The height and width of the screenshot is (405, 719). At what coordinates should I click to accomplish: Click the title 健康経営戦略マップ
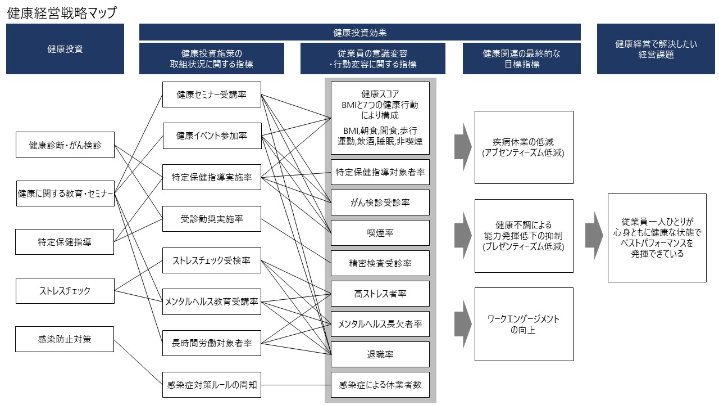pyautogui.click(x=62, y=13)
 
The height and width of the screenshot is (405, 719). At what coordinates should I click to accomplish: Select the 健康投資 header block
pyautogui.click(x=65, y=49)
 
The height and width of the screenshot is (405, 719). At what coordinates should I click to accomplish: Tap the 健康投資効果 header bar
pyautogui.click(x=359, y=33)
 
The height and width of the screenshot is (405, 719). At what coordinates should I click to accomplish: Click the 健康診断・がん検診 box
pyautogui.click(x=65, y=145)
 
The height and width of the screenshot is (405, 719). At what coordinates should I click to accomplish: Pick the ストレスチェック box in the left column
pyautogui.click(x=65, y=291)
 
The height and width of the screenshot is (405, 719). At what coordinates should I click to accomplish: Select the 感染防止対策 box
pyautogui.click(x=65, y=339)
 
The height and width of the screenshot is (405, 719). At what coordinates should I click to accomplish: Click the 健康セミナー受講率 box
pyautogui.click(x=212, y=94)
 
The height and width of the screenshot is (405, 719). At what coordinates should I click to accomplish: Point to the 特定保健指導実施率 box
pyautogui.click(x=212, y=178)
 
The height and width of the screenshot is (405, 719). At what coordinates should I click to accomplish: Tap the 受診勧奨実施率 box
pyautogui.click(x=212, y=218)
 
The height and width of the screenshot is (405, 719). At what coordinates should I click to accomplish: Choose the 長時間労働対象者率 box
pyautogui.click(x=212, y=343)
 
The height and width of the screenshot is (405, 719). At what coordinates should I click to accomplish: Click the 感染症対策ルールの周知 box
pyautogui.click(x=212, y=385)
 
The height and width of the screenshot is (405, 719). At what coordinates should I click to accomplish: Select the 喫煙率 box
pyautogui.click(x=380, y=233)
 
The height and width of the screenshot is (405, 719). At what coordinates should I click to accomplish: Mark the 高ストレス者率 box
pyautogui.click(x=380, y=294)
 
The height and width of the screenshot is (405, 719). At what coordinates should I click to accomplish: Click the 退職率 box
pyautogui.click(x=380, y=354)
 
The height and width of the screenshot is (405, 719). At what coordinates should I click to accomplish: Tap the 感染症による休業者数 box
pyautogui.click(x=380, y=385)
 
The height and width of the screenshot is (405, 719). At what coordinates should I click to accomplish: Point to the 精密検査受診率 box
pyautogui.click(x=380, y=263)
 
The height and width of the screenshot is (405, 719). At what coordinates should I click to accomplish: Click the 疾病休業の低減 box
pyautogui.click(x=524, y=147)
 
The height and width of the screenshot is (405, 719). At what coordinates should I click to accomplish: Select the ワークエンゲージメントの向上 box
pyautogui.click(x=524, y=324)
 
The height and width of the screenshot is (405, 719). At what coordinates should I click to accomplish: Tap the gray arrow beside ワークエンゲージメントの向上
pyautogui.click(x=463, y=325)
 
